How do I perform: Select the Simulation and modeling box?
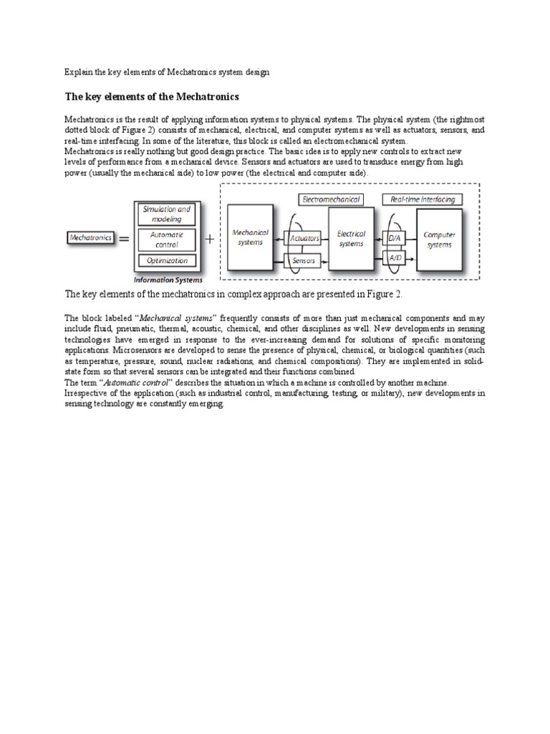(x=166, y=214)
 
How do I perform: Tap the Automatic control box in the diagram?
(x=166, y=239)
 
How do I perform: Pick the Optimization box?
(x=166, y=261)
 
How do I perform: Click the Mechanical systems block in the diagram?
(x=251, y=237)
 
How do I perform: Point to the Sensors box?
(x=304, y=261)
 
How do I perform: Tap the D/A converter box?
(x=395, y=237)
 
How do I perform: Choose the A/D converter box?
(x=395, y=256)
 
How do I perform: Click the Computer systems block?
(x=438, y=239)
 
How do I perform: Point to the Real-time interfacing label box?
(x=423, y=199)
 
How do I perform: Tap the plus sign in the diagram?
(x=210, y=239)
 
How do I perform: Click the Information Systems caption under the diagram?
(x=168, y=280)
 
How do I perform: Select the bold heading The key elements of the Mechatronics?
(x=152, y=96)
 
